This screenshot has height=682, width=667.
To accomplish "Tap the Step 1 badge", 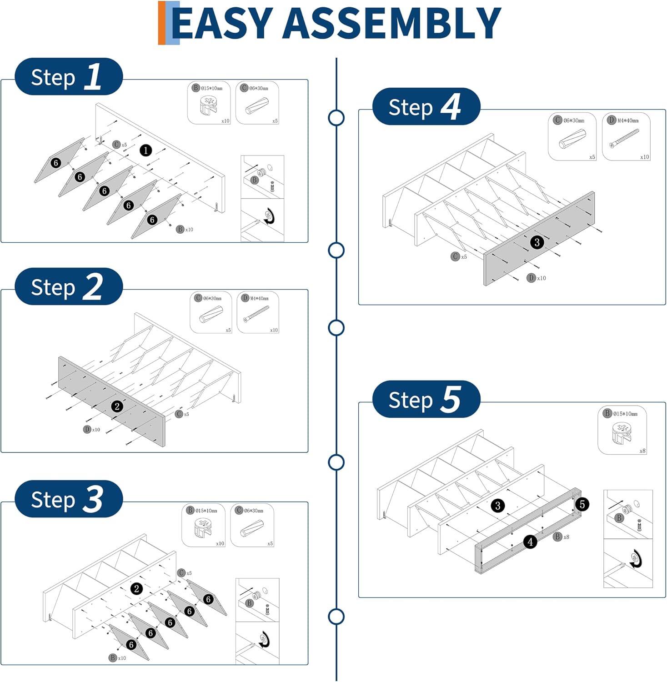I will (68, 76).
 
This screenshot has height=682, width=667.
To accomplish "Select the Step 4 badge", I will (426, 107).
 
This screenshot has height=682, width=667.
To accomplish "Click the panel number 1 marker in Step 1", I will (145, 150).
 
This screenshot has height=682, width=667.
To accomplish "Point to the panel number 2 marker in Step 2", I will (117, 406).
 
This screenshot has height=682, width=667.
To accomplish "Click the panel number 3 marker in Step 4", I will (537, 242).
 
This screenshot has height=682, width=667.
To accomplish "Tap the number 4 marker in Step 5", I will (530, 542).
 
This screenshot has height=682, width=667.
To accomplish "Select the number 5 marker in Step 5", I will (582, 504).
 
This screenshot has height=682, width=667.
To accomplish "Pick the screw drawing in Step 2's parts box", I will (256, 314).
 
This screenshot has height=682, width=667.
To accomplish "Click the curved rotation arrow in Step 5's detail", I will (636, 559).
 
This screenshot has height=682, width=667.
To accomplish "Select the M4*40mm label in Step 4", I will (627, 120).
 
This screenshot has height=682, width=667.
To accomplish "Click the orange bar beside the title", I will (162, 23).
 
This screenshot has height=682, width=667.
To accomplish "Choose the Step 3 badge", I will (68, 499).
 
